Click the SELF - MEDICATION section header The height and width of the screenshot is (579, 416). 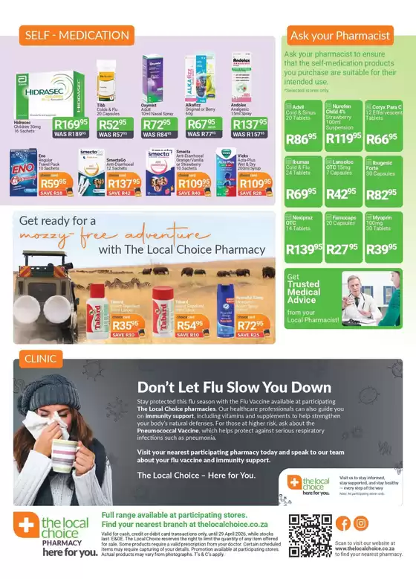(x=67, y=35)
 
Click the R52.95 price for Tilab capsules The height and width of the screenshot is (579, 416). (x=112, y=123)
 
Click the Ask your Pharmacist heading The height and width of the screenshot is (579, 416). (x=339, y=35)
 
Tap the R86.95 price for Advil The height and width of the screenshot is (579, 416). (x=301, y=138)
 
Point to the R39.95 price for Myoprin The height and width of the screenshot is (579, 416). (x=382, y=249)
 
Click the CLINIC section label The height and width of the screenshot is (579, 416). (x=40, y=358)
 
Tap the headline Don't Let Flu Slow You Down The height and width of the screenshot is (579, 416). (x=234, y=387)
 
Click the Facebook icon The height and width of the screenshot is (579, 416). (x=343, y=523)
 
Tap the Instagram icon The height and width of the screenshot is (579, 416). (x=361, y=523)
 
